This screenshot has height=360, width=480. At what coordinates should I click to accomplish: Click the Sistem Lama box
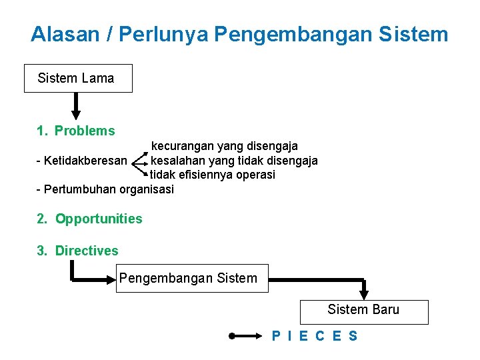pos(78,78)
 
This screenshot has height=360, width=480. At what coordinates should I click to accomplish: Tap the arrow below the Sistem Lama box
pos(75,105)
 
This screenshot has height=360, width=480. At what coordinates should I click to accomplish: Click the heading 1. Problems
pos(76,131)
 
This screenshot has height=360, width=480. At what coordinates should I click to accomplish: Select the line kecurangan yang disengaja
pos(224,145)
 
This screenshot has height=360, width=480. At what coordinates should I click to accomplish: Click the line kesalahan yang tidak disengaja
pos(234,161)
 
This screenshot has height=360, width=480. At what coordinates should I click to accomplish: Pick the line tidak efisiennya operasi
pos(213,175)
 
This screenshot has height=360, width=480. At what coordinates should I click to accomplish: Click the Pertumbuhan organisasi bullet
pos(105,189)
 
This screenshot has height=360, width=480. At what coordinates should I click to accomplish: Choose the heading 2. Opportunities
pos(89,219)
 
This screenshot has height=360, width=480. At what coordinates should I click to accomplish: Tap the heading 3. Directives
pos(77,251)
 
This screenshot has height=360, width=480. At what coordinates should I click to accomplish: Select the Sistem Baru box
pos(363,310)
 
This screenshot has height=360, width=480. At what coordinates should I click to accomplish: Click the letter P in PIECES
pos(277,336)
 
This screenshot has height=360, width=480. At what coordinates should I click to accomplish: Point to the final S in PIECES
pos(353,336)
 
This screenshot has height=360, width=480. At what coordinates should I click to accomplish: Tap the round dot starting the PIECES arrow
pos(231,337)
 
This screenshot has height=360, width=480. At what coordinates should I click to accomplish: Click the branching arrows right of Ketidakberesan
pos(139,161)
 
